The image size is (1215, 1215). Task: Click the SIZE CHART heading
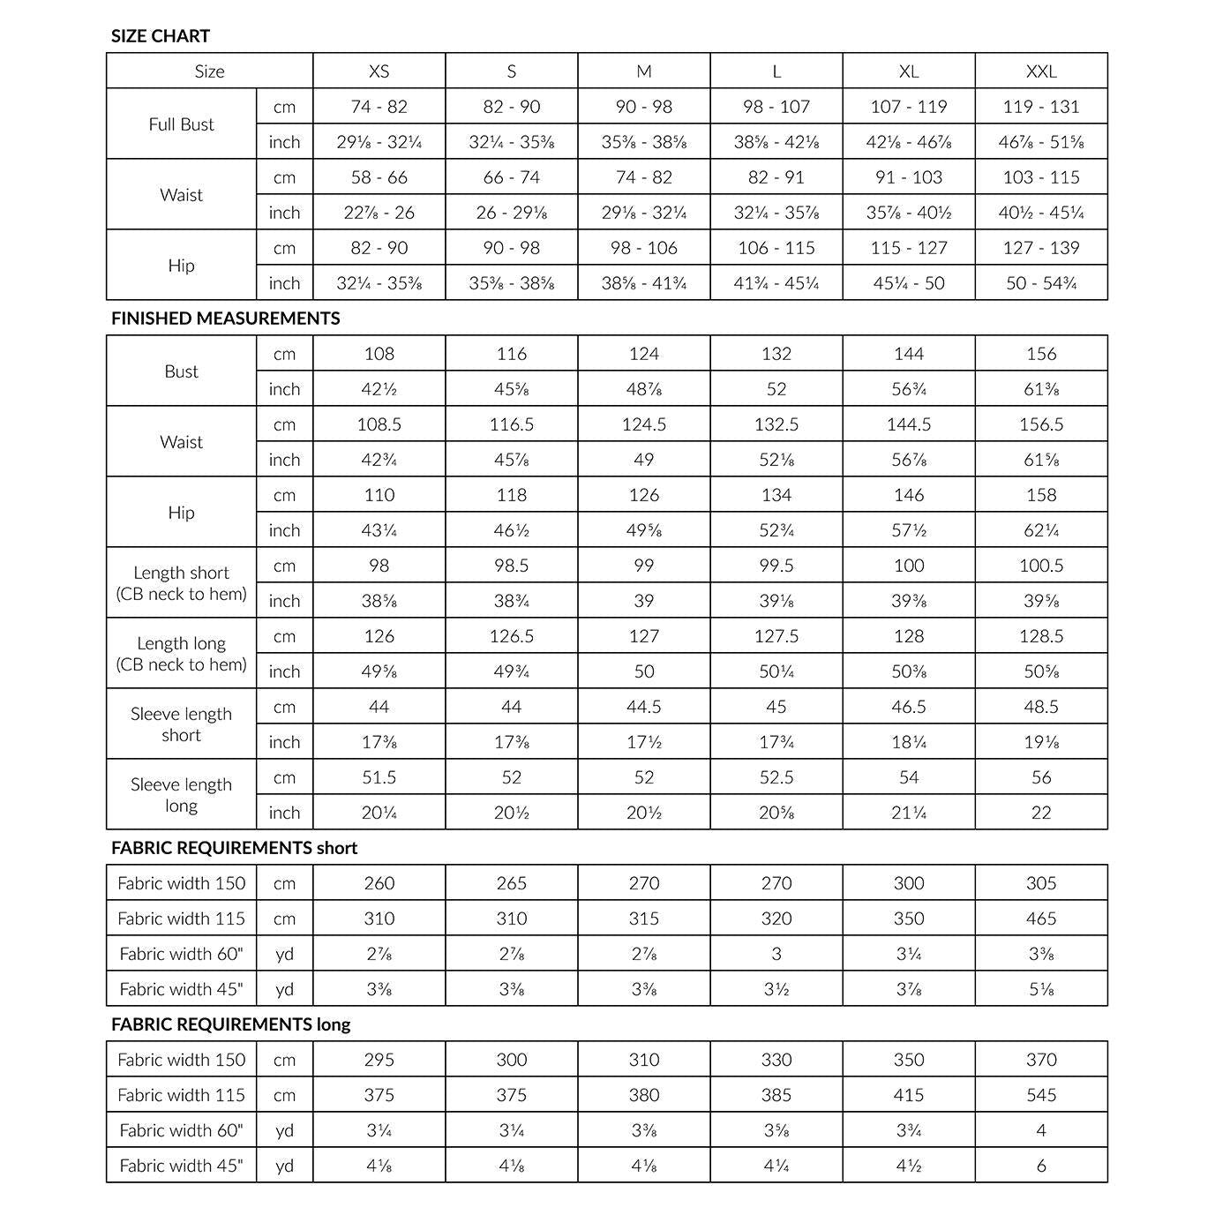click(x=161, y=36)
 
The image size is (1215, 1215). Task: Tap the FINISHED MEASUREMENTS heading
click(x=225, y=319)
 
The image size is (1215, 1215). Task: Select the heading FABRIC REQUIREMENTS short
click(x=234, y=848)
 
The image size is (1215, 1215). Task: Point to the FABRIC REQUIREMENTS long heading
click(x=230, y=1024)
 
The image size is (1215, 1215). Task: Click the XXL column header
click(x=1041, y=71)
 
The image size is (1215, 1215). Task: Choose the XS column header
click(x=379, y=71)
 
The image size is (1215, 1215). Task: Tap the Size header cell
click(x=209, y=71)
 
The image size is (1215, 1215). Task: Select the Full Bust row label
click(x=181, y=124)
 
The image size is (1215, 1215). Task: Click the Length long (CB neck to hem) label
click(x=181, y=654)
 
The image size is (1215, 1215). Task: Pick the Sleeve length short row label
click(x=181, y=724)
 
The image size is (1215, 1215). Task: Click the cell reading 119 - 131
click(x=1041, y=107)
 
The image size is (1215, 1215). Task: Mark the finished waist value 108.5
click(x=379, y=424)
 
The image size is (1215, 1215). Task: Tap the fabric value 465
click(x=1041, y=919)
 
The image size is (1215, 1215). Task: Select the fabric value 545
click(x=1041, y=1095)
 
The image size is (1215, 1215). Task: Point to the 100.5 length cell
click(x=1041, y=566)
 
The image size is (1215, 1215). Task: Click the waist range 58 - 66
click(x=379, y=177)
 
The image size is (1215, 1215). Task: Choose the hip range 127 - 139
click(x=1041, y=248)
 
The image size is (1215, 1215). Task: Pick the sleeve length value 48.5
click(x=1041, y=707)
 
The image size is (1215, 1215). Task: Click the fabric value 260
click(x=379, y=883)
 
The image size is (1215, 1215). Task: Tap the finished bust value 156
click(x=1041, y=354)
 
